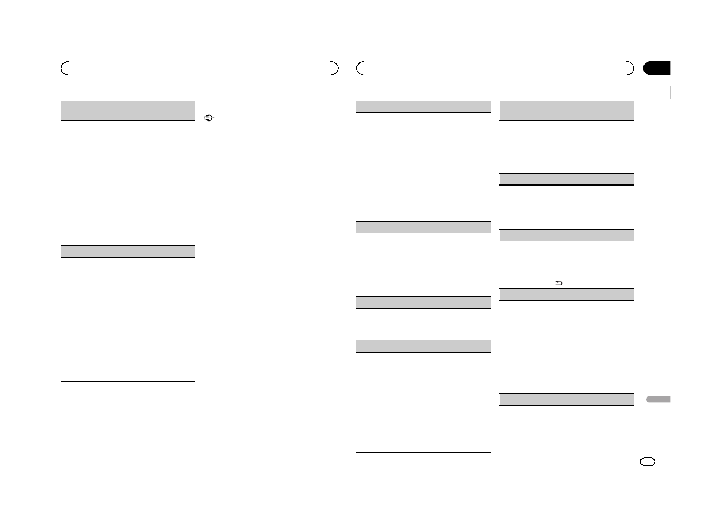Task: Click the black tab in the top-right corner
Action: pos(657,68)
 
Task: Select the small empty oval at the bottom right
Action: pos(648,463)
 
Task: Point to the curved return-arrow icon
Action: pos(559,283)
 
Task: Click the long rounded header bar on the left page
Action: pos(199,68)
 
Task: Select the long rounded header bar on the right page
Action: pos(495,68)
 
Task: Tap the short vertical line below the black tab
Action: pos(671,92)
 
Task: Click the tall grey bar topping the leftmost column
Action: pos(127,110)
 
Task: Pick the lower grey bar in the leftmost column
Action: pos(127,251)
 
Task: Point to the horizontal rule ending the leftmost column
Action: pos(127,382)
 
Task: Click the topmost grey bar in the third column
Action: pos(424,106)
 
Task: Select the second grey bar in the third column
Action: pos(424,227)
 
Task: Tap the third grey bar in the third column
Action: pos(424,302)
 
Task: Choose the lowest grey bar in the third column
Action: pos(424,346)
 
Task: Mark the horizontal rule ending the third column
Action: pos(424,453)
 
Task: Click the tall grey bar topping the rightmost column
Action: pos(567,110)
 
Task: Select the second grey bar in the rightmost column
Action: pos(567,179)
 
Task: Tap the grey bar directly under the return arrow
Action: pos(567,294)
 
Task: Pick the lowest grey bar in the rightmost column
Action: pos(567,399)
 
